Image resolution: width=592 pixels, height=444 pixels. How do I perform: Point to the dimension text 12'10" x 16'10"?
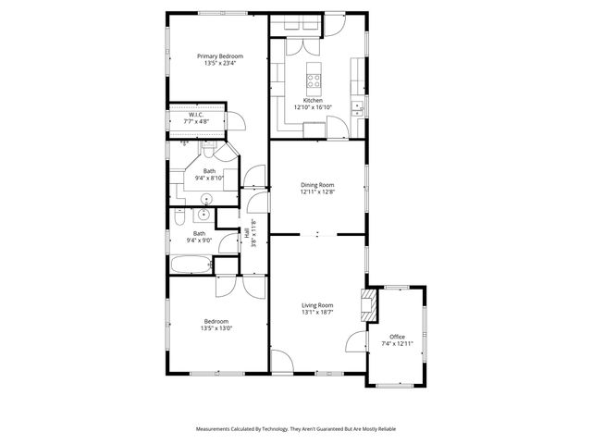pyautogui.click(x=314, y=106)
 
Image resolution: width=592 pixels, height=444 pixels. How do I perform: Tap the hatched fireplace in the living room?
pyautogui.click(x=371, y=304)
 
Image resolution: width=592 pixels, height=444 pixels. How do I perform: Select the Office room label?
pyautogui.click(x=397, y=337)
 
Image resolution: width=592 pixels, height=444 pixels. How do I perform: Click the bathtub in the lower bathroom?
pyautogui.click(x=191, y=265)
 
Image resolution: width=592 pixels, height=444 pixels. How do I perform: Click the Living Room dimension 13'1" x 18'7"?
pyautogui.click(x=316, y=313)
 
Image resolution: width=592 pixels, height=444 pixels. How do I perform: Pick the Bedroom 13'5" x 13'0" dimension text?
pyautogui.click(x=216, y=328)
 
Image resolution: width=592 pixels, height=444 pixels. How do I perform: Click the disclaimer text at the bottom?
pyautogui.click(x=295, y=428)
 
